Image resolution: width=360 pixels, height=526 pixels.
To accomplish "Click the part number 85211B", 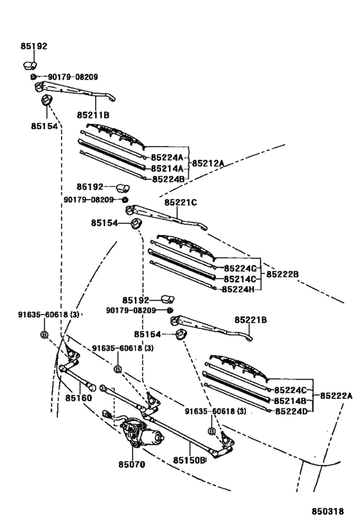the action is (x=93, y=115).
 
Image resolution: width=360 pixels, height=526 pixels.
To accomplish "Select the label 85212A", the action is (x=208, y=163).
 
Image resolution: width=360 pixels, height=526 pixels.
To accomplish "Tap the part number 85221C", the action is (x=181, y=202).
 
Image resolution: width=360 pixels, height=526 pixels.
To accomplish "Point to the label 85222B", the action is (x=282, y=274).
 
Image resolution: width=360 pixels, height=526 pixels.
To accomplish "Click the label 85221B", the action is (x=251, y=320).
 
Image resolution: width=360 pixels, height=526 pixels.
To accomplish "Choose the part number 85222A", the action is (x=336, y=396).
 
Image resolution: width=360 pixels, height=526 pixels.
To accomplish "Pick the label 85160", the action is (x=78, y=398).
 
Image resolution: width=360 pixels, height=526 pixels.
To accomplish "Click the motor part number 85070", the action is (x=132, y=464).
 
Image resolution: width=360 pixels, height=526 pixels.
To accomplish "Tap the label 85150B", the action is (x=189, y=460).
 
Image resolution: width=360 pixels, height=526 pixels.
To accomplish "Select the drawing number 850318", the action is (x=328, y=511).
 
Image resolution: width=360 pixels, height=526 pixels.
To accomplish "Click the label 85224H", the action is (x=238, y=289).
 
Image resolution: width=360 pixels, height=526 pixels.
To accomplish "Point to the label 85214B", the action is (x=290, y=401).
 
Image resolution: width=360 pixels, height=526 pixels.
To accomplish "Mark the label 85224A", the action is (x=167, y=157).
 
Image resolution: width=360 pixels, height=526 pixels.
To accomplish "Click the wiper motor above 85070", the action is (x=141, y=432).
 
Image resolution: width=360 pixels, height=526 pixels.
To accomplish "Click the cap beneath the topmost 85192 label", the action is (x=30, y=66).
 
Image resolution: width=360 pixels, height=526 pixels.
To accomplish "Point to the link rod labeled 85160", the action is (x=76, y=378).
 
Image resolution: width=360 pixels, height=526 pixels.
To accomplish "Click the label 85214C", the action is (x=240, y=279).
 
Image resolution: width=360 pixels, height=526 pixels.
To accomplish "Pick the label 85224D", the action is (x=291, y=411).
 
